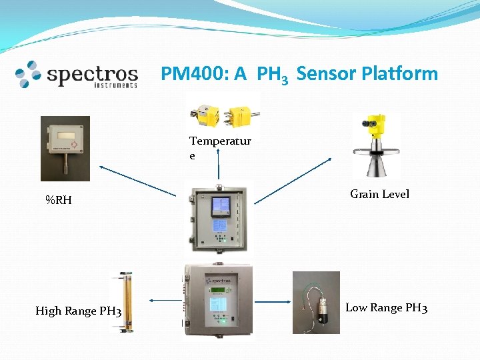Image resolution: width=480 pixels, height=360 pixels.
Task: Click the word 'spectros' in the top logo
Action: click(x=92, y=74)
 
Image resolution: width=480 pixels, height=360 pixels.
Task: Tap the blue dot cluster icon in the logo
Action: click(x=28, y=74)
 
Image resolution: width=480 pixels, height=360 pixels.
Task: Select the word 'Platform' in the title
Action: click(x=399, y=73)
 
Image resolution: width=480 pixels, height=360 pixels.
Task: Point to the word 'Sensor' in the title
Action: click(x=326, y=73)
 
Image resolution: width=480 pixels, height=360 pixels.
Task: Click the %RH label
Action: click(x=59, y=200)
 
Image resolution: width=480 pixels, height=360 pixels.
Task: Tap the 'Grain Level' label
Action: click(x=379, y=194)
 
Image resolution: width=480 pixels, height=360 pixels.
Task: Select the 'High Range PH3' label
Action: click(x=78, y=311)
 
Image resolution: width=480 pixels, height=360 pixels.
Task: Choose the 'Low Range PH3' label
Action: click(x=386, y=308)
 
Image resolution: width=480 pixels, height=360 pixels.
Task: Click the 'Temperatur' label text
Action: click(x=220, y=141)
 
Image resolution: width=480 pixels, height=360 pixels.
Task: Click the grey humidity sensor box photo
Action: click(x=65, y=148)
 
